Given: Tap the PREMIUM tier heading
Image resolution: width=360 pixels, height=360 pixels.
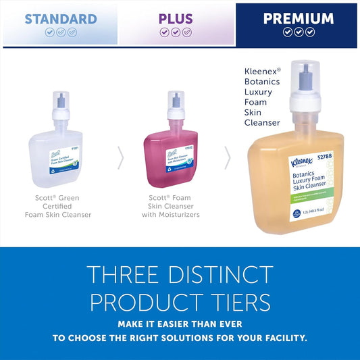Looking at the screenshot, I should (x=298, y=18).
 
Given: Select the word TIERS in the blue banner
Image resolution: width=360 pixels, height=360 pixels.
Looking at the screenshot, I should (x=234, y=301).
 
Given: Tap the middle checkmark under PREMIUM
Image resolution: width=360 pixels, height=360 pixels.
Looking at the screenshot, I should (x=298, y=32).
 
